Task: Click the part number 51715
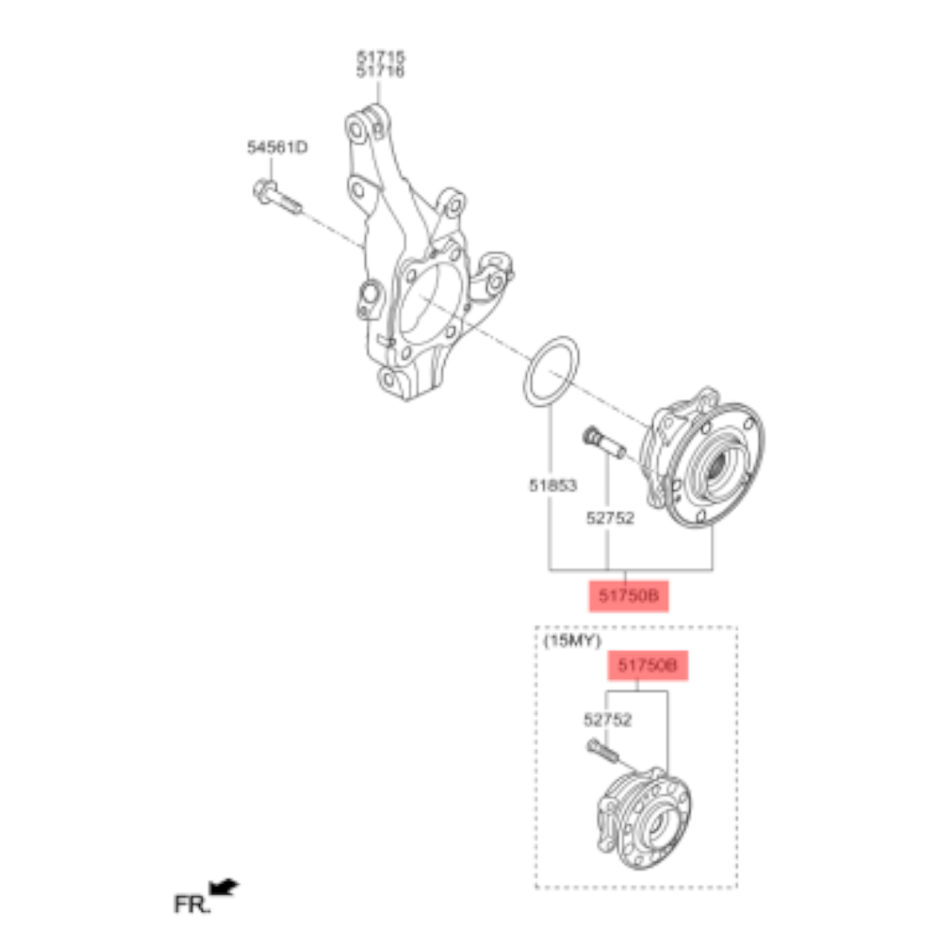380,57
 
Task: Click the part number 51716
380,72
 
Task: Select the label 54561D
276,148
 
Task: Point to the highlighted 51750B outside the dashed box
628,596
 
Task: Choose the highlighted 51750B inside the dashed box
648,666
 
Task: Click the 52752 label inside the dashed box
607,720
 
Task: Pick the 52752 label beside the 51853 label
609,518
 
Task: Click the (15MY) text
571,642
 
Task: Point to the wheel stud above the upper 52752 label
603,443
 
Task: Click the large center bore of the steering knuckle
430,304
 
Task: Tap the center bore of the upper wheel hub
716,474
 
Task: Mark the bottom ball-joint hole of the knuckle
389,379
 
